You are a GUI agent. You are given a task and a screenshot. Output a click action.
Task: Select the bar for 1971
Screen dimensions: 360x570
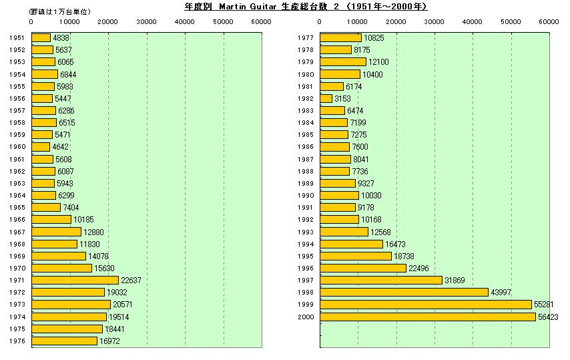[x=75, y=280]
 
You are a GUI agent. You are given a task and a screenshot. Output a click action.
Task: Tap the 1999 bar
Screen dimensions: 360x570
[x=425, y=305]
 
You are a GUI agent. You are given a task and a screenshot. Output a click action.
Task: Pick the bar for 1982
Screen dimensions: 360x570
[x=326, y=98]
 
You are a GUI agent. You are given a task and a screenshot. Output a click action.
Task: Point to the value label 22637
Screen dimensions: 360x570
[x=131, y=280]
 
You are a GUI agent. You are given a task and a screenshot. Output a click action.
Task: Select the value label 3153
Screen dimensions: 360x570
[x=342, y=98]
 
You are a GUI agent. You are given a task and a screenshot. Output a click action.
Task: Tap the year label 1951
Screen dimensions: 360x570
[x=18, y=38]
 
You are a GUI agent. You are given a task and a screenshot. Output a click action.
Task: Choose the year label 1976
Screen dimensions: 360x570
[x=18, y=341]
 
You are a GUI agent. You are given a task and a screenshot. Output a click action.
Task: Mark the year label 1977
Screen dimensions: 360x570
[x=305, y=38]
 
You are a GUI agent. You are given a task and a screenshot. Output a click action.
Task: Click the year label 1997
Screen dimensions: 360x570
[x=305, y=281]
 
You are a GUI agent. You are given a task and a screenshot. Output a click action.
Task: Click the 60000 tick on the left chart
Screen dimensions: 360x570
[x=261, y=21]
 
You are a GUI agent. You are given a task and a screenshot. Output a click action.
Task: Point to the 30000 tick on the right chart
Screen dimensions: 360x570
[x=435, y=21]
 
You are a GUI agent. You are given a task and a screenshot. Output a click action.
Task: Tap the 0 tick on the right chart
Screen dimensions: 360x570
[x=320, y=21]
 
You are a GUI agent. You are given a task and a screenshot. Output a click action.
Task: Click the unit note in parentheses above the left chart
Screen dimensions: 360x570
[x=61, y=12]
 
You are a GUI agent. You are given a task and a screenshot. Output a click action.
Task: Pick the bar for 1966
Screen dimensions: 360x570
[x=51, y=220]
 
